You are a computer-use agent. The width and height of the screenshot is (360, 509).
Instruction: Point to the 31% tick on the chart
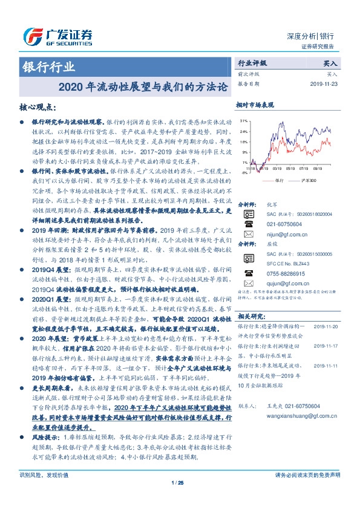click(x=244, y=121)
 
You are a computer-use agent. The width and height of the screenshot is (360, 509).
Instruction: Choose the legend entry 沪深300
click(x=307, y=180)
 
